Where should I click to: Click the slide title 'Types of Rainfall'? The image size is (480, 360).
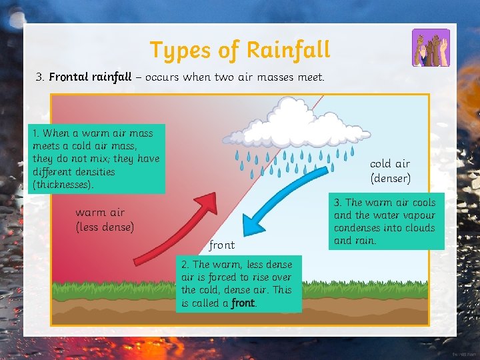pyautogui.click(x=239, y=49)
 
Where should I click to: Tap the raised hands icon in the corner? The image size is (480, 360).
pyautogui.click(x=431, y=48)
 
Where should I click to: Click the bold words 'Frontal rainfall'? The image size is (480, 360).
pyautogui.click(x=90, y=77)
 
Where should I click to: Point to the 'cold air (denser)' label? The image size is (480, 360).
pyautogui.click(x=390, y=171)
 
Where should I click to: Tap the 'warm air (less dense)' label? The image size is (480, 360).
pyautogui.click(x=105, y=219)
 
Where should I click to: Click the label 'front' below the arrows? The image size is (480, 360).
pyautogui.click(x=221, y=245)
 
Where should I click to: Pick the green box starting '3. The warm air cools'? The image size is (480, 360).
pyautogui.click(x=385, y=221)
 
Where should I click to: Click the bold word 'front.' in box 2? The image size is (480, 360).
pyautogui.click(x=244, y=303)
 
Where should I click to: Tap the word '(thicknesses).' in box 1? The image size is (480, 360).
pyautogui.click(x=63, y=184)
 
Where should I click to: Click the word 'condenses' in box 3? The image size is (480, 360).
pyautogui.click(x=357, y=228)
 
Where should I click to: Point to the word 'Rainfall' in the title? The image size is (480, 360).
pyautogui.click(x=287, y=49)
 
